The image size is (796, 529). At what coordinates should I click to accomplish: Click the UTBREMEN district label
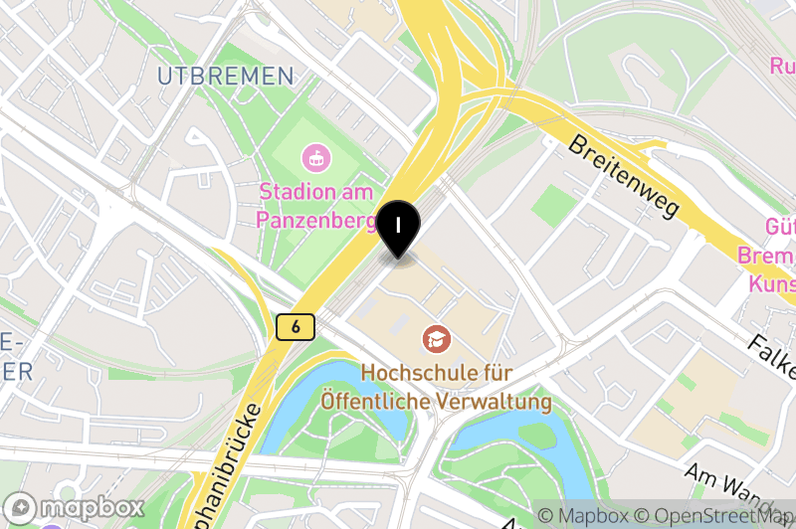pyautogui.click(x=226, y=76)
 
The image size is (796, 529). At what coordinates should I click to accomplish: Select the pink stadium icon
pyautogui.click(x=315, y=157)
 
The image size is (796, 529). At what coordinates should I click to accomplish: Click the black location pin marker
pyautogui.click(x=399, y=228)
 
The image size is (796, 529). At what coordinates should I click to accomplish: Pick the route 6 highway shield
pyautogui.click(x=297, y=326)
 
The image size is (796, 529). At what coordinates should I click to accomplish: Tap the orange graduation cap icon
pyautogui.click(x=435, y=340)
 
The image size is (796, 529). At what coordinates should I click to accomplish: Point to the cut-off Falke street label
pyautogui.click(x=770, y=356)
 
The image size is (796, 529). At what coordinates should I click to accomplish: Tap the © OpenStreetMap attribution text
pyautogui.click(x=714, y=516)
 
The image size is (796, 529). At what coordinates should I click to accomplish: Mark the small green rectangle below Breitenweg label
pyautogui.click(x=553, y=205)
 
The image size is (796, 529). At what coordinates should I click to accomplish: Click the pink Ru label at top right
pyautogui.click(x=782, y=66)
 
